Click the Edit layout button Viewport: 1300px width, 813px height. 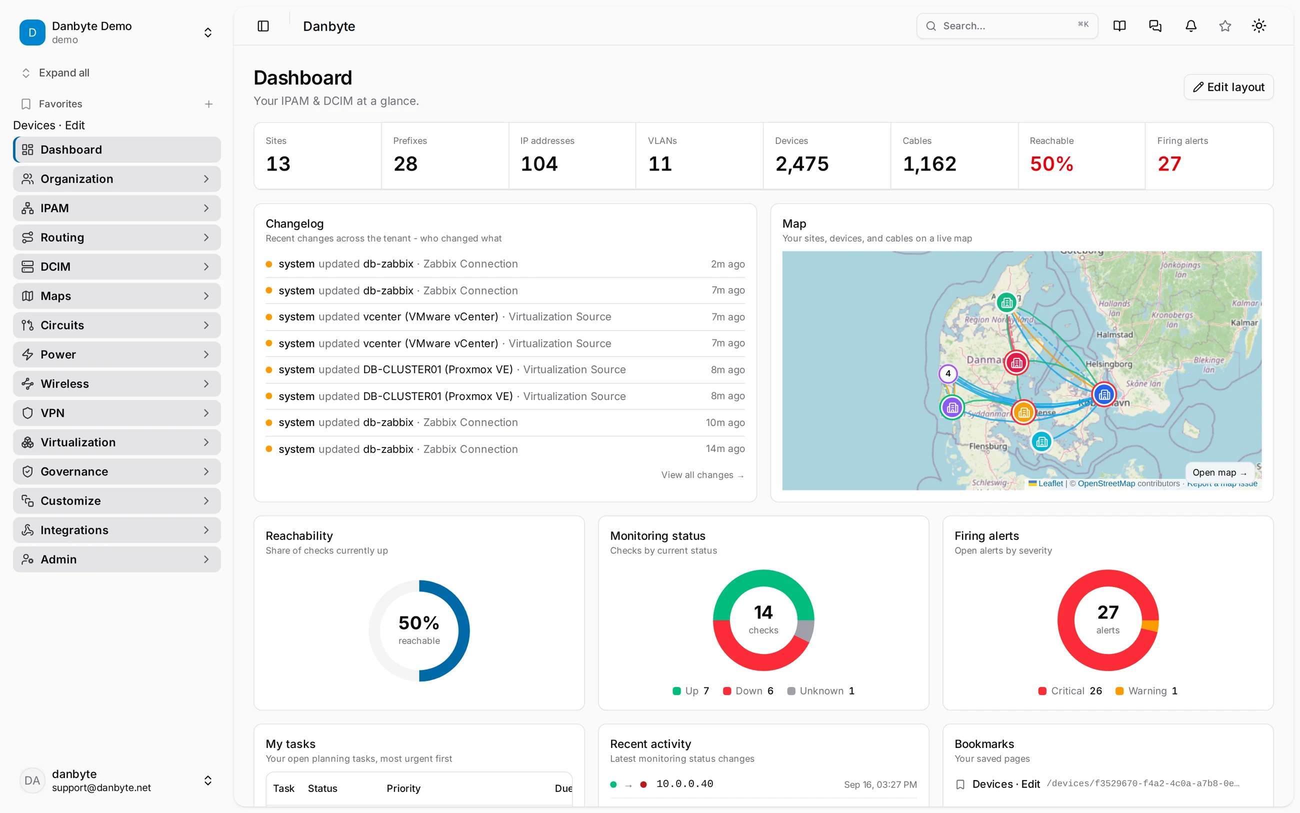pos(1228,87)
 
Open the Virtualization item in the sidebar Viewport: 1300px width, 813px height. pos(116,442)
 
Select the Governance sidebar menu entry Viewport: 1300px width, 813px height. pos(116,471)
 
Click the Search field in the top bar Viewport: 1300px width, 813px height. pos(1007,26)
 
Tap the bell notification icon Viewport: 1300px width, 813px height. pos(1191,26)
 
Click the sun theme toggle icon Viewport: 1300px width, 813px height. pos(1258,26)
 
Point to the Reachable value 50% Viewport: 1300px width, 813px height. pos(1051,164)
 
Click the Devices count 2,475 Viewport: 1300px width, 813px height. pos(801,164)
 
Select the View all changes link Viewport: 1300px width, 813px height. pos(702,475)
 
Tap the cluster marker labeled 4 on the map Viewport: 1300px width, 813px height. pos(948,373)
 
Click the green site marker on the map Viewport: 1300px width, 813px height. pos(1006,302)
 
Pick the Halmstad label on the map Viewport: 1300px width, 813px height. pos(1114,334)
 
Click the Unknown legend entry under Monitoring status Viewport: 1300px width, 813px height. pos(820,691)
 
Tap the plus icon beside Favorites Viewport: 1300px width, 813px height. pos(208,104)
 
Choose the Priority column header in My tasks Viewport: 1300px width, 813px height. pos(403,788)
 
